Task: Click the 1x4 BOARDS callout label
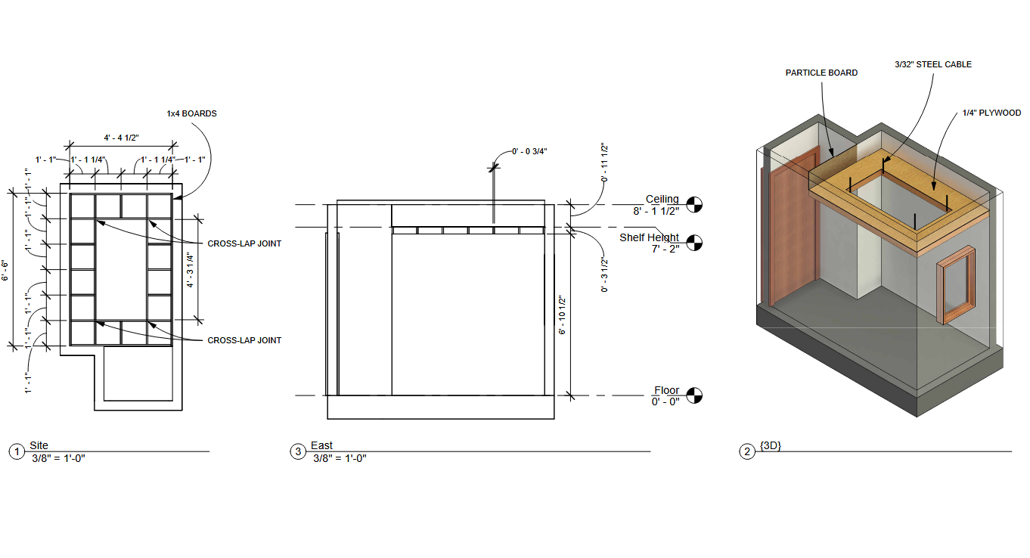click(x=191, y=113)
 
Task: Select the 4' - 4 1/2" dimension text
click(x=122, y=138)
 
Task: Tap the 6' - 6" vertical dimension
click(x=5, y=270)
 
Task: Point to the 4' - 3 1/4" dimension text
click(x=190, y=270)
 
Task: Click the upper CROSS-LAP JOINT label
click(x=244, y=243)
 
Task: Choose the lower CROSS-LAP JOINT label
click(x=244, y=340)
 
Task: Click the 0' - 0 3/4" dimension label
click(x=529, y=151)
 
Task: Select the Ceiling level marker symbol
click(x=694, y=205)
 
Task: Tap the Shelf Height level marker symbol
click(x=694, y=243)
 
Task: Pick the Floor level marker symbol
click(x=694, y=395)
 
